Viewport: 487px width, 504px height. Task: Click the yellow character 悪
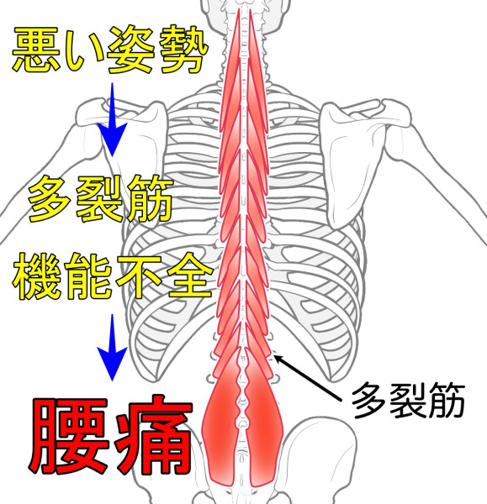click(37, 50)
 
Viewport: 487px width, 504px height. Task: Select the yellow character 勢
click(183, 50)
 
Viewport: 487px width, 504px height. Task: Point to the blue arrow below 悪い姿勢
click(112, 119)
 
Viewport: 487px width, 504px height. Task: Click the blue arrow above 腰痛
click(112, 348)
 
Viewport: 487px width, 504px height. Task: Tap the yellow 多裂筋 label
click(100, 198)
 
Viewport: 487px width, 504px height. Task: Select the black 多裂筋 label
click(408, 401)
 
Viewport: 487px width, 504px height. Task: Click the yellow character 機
click(37, 276)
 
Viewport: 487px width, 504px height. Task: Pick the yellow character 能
click(88, 276)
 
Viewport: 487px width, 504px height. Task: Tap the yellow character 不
click(139, 276)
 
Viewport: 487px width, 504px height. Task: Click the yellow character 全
click(190, 276)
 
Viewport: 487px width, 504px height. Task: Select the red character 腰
click(69, 436)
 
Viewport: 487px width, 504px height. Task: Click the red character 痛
click(154, 436)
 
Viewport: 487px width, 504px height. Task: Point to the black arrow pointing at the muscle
click(307, 378)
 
